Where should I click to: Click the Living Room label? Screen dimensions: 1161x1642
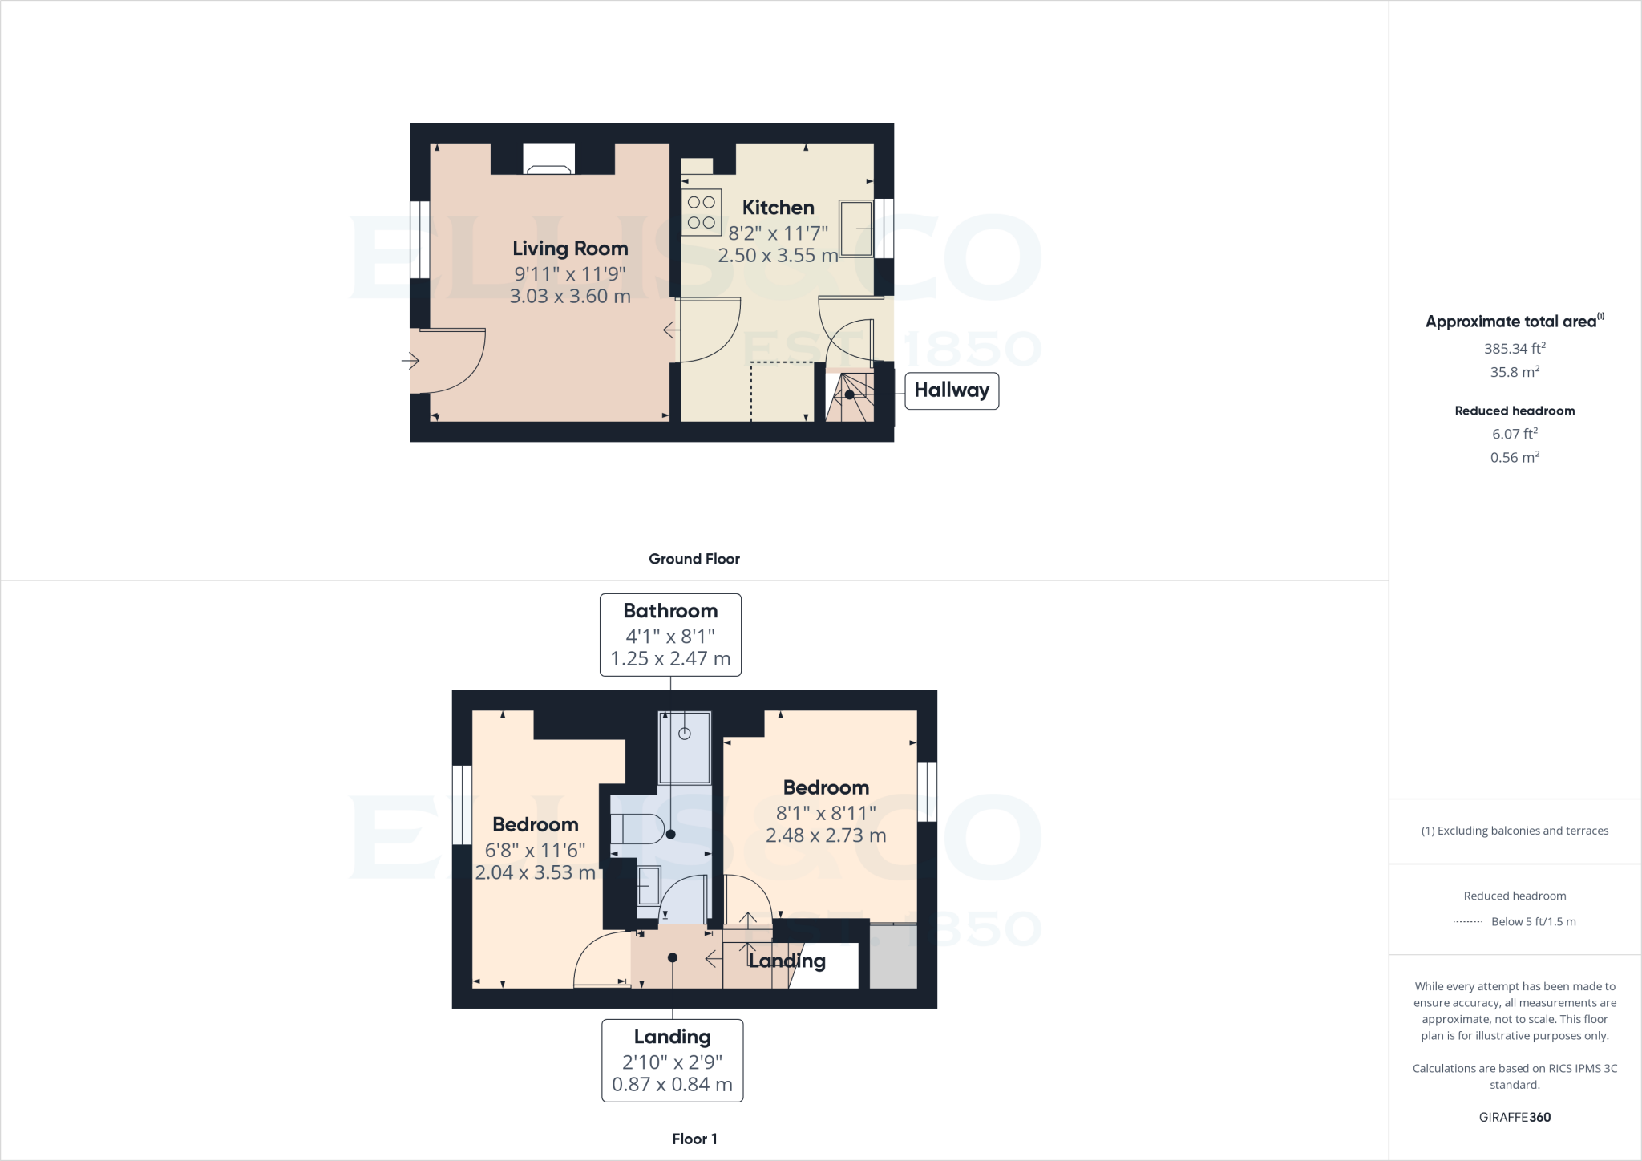[570, 249]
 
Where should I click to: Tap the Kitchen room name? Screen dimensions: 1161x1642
[778, 208]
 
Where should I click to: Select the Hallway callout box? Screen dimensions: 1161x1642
[952, 390]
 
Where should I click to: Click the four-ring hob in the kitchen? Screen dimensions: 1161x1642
[702, 212]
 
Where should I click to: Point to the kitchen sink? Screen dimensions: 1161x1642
[855, 229]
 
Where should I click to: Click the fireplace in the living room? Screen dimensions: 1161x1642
[549, 160]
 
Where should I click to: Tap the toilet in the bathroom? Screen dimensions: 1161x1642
[638, 827]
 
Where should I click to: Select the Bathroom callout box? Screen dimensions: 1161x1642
[670, 634]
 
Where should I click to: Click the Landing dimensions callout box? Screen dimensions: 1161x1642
[672, 1060]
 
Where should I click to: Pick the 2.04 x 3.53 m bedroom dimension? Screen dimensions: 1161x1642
[535, 872]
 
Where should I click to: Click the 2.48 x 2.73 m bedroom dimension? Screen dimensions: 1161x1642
[826, 835]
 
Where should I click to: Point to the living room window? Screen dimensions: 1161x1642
[419, 239]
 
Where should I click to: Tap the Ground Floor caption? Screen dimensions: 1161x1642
[694, 559]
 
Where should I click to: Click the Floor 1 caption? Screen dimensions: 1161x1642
[694, 1139]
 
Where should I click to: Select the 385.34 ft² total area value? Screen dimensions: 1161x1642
[1515, 349]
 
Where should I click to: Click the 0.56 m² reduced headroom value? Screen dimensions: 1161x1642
[1515, 457]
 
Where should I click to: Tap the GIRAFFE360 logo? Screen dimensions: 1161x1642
[1515, 1117]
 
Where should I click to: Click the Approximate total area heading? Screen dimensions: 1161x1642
[1514, 322]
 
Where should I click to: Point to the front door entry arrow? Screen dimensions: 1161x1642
[410, 361]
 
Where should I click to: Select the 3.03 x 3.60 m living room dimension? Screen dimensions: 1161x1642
[570, 296]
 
